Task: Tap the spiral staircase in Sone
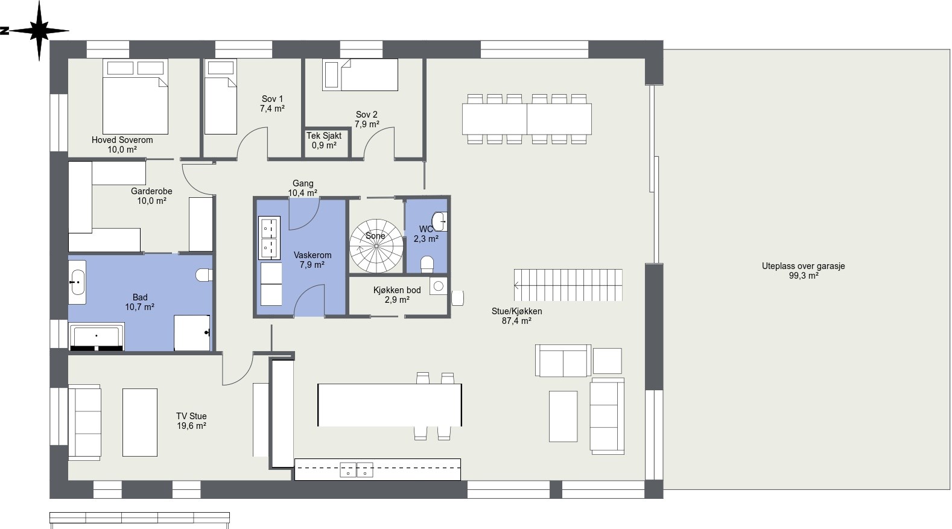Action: pos(376,246)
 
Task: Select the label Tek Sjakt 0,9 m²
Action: pos(324,140)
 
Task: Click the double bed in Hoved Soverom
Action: pos(135,97)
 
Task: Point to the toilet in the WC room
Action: pos(427,264)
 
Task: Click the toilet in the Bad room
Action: pos(204,275)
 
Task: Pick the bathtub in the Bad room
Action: pos(97,337)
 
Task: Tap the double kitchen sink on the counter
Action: pos(356,470)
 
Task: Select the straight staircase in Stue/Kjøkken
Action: pos(568,285)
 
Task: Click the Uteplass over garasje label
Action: pos(803,271)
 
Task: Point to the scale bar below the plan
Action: pos(139,518)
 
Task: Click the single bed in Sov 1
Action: pos(221,97)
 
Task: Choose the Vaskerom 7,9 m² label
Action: pos(313,259)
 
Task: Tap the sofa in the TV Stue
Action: pos(84,422)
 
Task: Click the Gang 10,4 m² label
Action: pos(303,188)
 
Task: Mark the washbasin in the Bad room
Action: pos(77,282)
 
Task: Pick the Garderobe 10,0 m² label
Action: pos(151,196)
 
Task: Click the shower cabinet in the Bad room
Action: pos(192,333)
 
